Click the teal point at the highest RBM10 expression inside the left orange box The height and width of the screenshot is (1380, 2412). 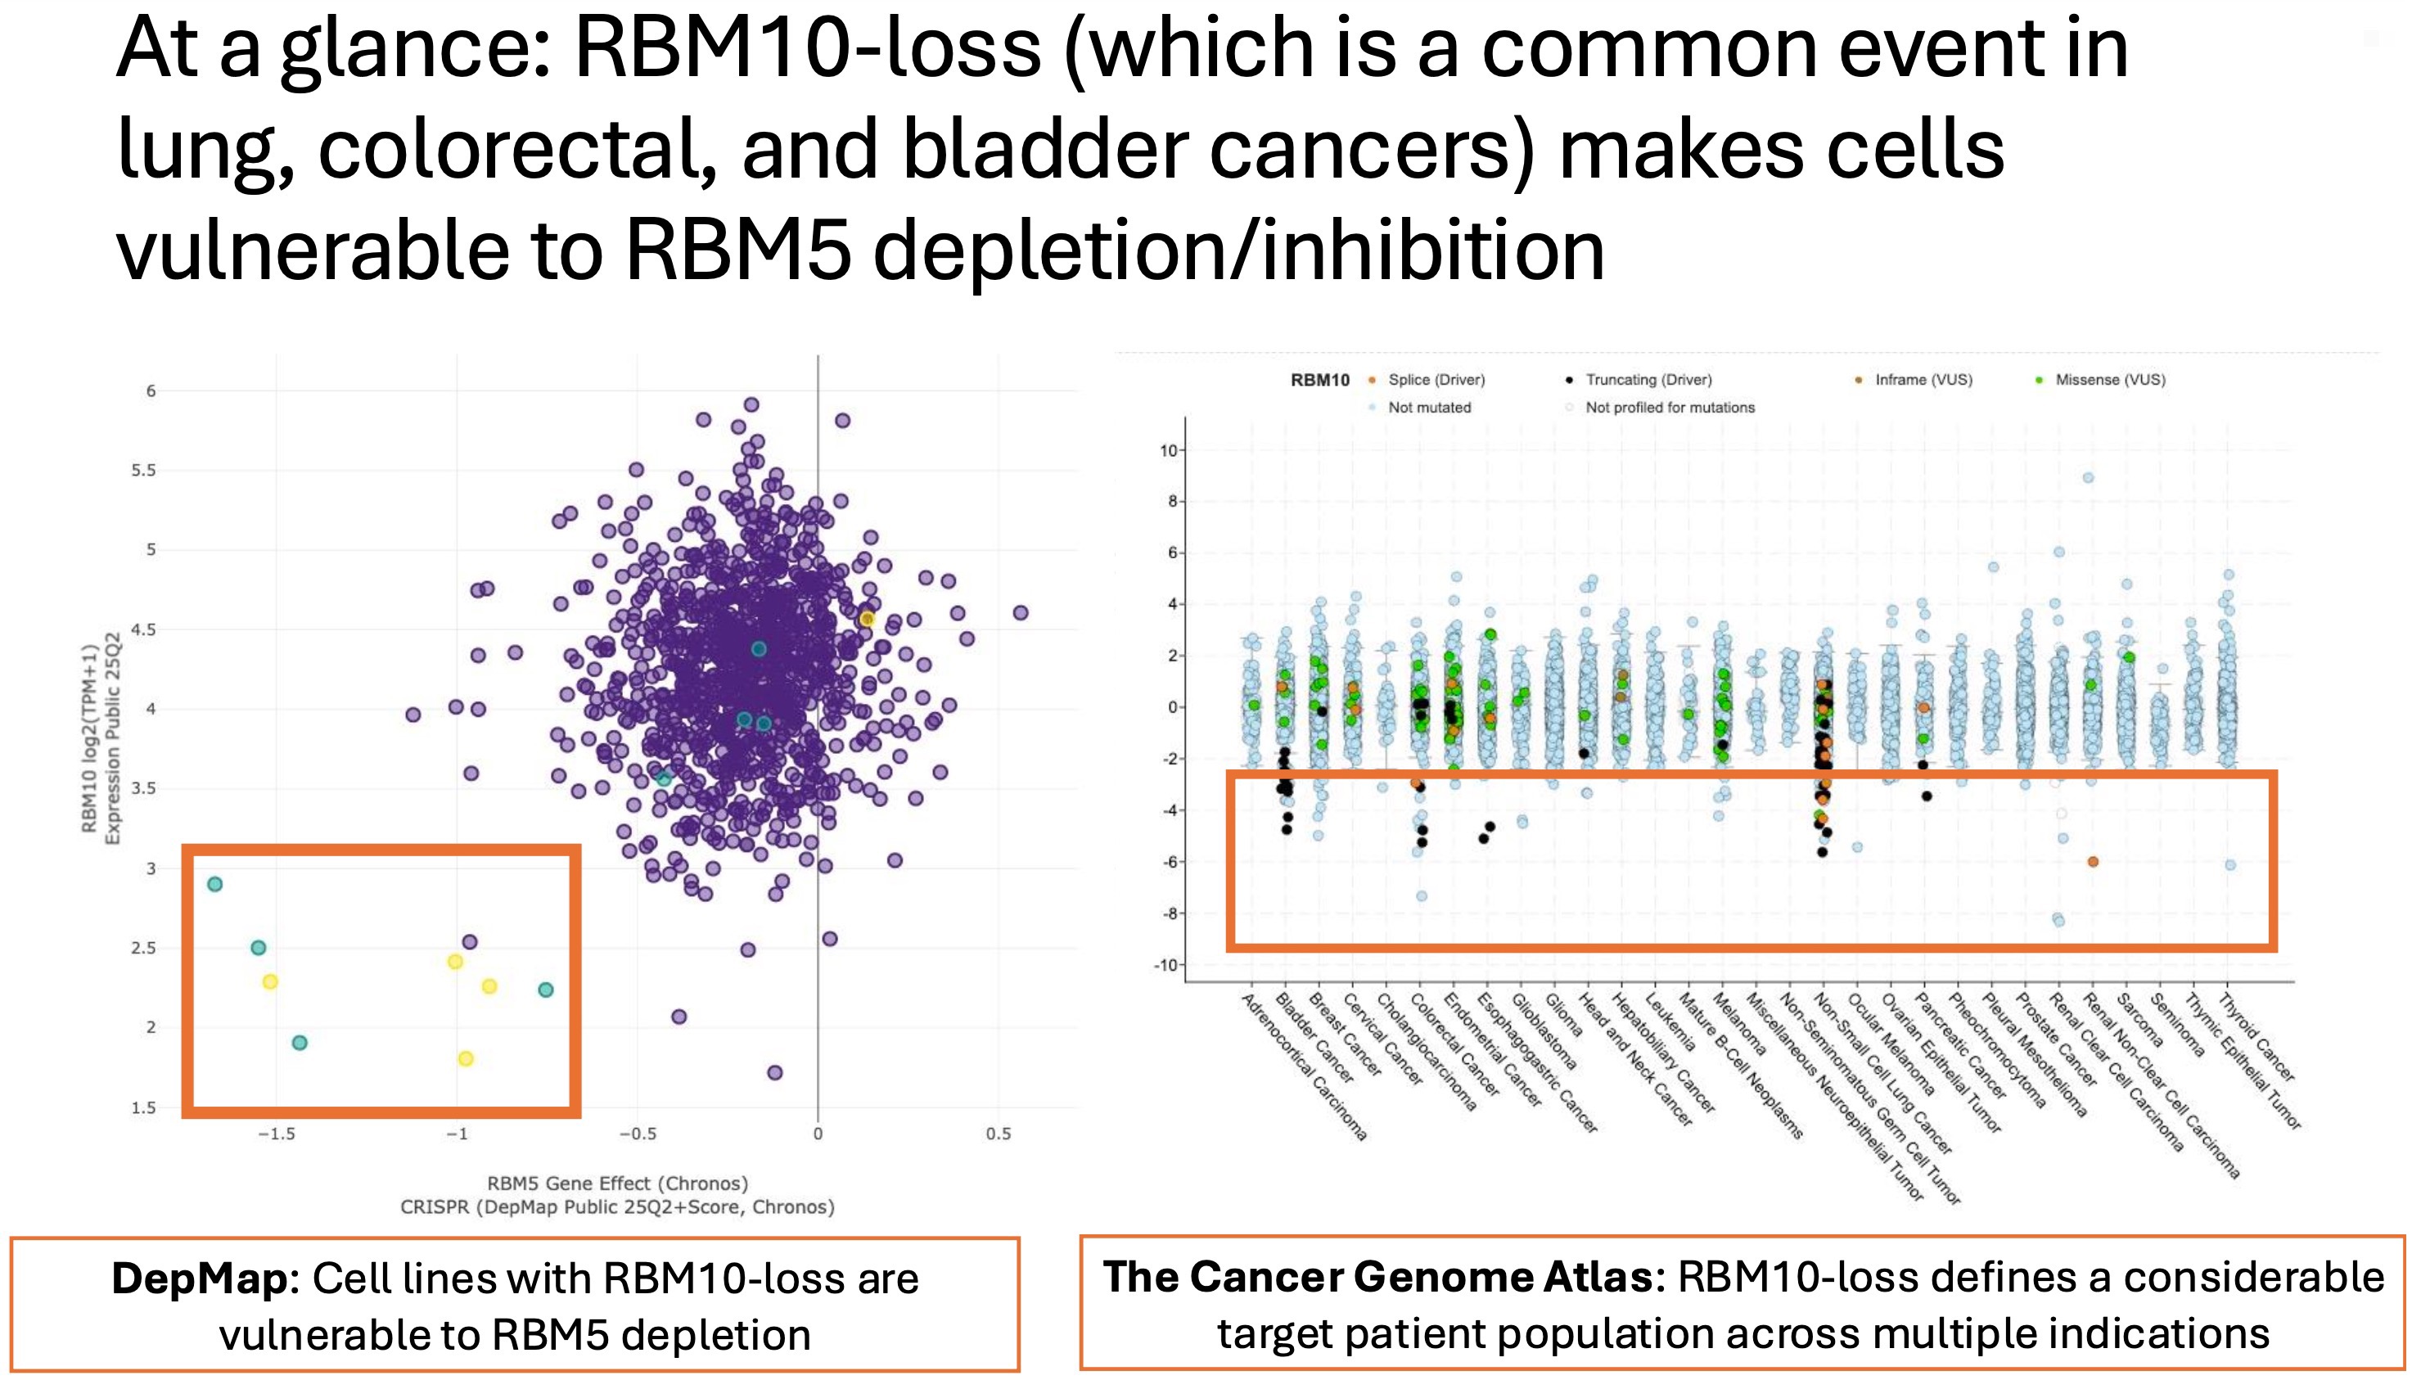[x=215, y=884]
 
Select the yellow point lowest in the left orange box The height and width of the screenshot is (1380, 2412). [x=466, y=1058]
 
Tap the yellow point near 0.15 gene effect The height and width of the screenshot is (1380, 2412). [x=866, y=619]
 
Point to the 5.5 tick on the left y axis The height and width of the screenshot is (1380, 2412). [x=144, y=470]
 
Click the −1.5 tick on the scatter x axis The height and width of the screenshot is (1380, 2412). [x=277, y=1134]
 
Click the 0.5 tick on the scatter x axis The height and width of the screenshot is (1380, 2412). [x=998, y=1134]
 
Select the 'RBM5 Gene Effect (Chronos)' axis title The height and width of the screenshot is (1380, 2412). [x=617, y=1183]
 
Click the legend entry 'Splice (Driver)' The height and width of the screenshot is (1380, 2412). [x=1436, y=379]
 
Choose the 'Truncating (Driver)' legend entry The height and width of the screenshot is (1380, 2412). [x=1648, y=379]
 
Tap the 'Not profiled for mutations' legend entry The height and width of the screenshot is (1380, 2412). [x=1669, y=408]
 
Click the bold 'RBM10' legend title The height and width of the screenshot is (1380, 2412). [x=1319, y=380]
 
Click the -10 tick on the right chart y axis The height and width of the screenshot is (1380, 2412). [x=1165, y=966]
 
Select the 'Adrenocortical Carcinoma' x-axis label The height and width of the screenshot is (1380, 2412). [x=1304, y=1067]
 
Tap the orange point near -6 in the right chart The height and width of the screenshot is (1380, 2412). [x=2093, y=862]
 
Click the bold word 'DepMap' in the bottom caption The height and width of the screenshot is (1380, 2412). [x=199, y=1279]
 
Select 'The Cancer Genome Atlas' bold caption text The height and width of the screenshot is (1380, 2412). [x=1378, y=1277]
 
